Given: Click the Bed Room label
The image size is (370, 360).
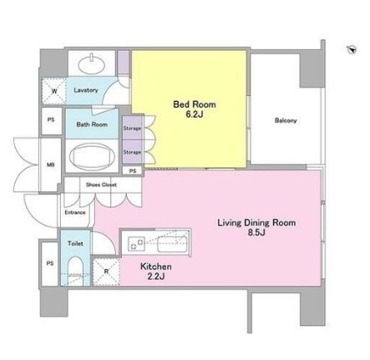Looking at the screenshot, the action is coord(195,104).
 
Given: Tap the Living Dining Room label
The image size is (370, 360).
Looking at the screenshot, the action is coord(256,223).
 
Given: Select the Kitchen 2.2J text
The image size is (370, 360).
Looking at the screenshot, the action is coord(155,271).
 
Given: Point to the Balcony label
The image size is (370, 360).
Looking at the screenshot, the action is coord(286,120).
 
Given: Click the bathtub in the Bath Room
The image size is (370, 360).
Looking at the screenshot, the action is coord(92,156).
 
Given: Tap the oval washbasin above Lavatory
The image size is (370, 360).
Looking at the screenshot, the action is coord(92,63).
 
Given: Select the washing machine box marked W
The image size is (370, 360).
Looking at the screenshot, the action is coord(54,91).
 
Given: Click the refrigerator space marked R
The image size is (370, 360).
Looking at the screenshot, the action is coord(106,271).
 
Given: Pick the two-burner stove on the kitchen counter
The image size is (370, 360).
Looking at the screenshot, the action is coord(136,243).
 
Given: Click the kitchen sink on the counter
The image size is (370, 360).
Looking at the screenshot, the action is coord(172,244).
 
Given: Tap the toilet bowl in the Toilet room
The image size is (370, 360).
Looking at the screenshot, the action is coord(76,270).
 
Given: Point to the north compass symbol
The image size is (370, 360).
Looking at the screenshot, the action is coord(352,49).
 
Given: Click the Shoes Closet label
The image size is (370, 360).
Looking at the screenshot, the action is coord(101,185).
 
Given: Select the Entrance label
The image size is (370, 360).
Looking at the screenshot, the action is coord(75,212).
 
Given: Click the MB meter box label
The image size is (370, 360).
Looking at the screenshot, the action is coord(50,165).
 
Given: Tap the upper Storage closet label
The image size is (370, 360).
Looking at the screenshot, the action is coord(132,129).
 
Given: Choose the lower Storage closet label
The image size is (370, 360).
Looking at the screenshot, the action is coord(132,152).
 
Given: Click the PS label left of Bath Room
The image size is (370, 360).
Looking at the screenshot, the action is coord(51,120).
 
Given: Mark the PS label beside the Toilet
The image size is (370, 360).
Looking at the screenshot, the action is coord(50,263).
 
